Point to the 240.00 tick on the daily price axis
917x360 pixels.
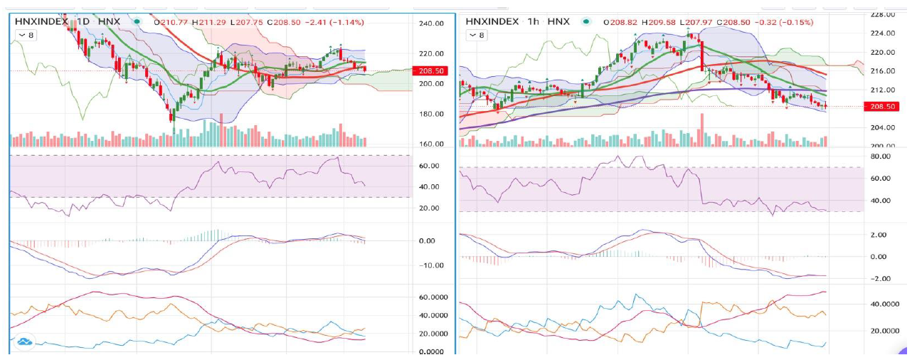(x=432, y=23)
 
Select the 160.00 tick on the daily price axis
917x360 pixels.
(x=432, y=144)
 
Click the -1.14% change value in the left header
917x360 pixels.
(x=349, y=22)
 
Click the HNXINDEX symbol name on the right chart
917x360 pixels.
(x=493, y=22)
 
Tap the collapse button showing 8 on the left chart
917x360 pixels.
(x=25, y=34)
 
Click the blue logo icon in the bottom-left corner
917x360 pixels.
(x=25, y=342)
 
